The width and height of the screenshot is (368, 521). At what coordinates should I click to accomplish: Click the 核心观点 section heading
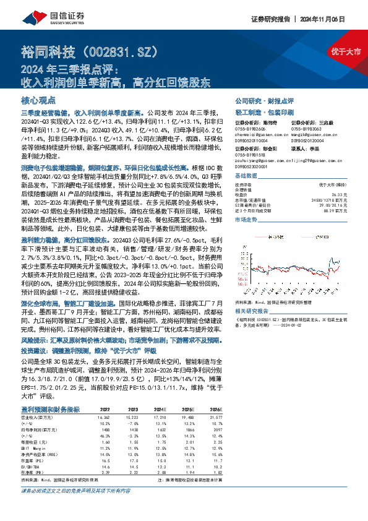click(38, 99)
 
